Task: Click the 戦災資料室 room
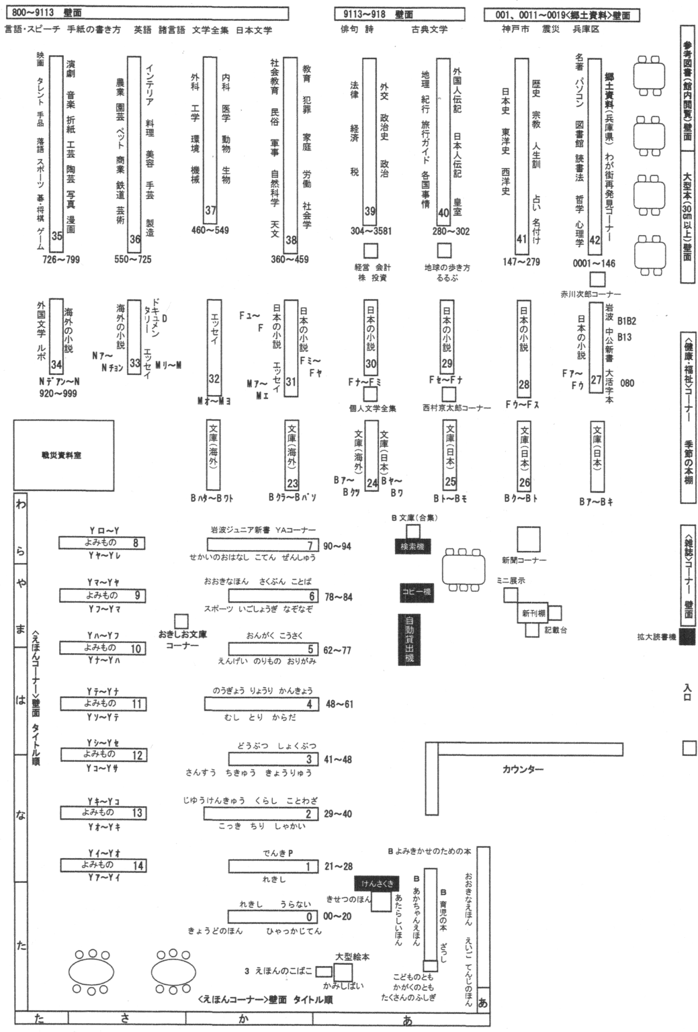click(62, 456)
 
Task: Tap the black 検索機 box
click(413, 546)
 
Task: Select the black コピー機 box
click(417, 592)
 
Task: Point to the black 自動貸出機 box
click(410, 639)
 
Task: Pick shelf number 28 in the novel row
click(524, 385)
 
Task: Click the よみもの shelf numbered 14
click(138, 866)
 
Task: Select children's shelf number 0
click(310, 917)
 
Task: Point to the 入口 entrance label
click(688, 693)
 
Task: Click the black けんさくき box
click(378, 884)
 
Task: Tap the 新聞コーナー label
click(524, 560)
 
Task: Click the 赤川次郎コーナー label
click(591, 294)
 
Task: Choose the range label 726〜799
click(61, 259)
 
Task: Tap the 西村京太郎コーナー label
click(457, 408)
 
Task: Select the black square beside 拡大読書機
click(687, 637)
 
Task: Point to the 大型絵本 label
click(352, 956)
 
